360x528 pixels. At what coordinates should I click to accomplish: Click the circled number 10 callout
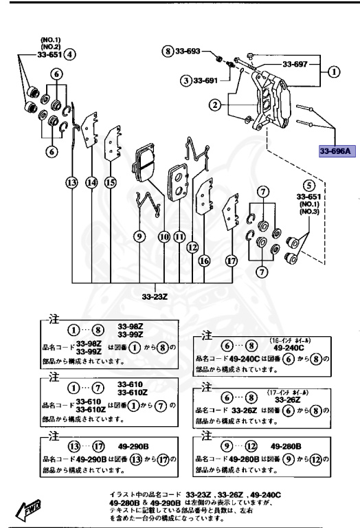(164, 236)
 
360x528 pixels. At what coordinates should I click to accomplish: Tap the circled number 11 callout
(180, 236)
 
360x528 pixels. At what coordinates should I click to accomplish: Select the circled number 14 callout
(92, 182)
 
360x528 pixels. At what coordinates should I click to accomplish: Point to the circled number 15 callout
(110, 182)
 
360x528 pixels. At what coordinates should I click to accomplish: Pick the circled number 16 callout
(204, 261)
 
